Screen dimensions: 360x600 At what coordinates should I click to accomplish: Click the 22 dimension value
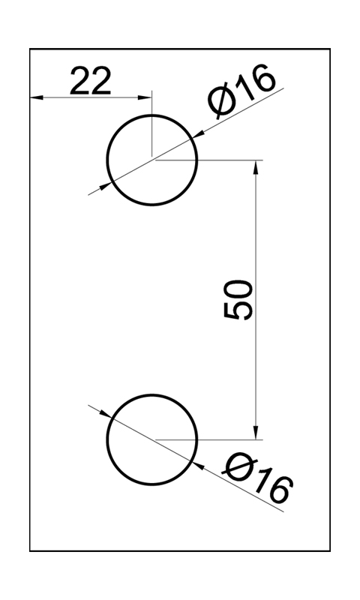point(91,81)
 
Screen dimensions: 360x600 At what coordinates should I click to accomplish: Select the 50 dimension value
point(238,299)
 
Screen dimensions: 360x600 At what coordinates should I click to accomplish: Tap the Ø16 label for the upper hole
point(241,90)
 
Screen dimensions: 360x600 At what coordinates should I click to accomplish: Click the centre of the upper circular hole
point(152,160)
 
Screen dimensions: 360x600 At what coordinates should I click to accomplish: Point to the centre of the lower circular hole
point(152,439)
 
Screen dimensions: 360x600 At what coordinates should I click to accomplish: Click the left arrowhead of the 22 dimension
point(36,97)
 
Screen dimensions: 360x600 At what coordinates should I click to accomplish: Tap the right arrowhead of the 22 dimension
point(145,97)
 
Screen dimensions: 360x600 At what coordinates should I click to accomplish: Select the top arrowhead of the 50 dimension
point(256,166)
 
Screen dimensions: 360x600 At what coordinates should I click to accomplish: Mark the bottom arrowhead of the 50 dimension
point(256,433)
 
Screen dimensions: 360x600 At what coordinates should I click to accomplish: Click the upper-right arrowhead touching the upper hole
point(198,134)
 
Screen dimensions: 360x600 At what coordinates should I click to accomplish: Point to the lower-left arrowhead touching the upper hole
point(106,186)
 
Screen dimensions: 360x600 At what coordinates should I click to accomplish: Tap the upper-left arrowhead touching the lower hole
point(106,414)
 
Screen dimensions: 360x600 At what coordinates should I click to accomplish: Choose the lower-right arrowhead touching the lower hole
point(198,466)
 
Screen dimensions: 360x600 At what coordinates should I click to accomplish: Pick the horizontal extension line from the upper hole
point(209,160)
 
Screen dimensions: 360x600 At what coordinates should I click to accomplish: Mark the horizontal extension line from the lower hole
point(209,439)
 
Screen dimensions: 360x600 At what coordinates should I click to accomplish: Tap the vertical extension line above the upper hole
point(152,124)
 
